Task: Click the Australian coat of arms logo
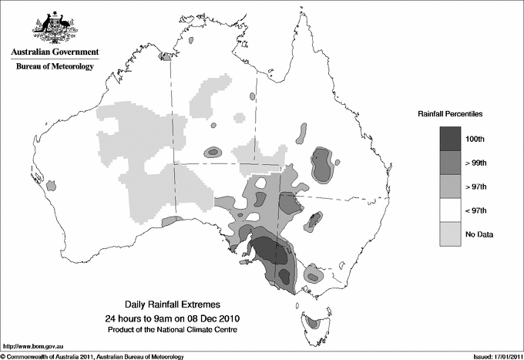pos(52,28)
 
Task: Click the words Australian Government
pos(52,52)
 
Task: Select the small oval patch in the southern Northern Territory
pos(213,153)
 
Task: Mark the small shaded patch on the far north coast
pos(165,56)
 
